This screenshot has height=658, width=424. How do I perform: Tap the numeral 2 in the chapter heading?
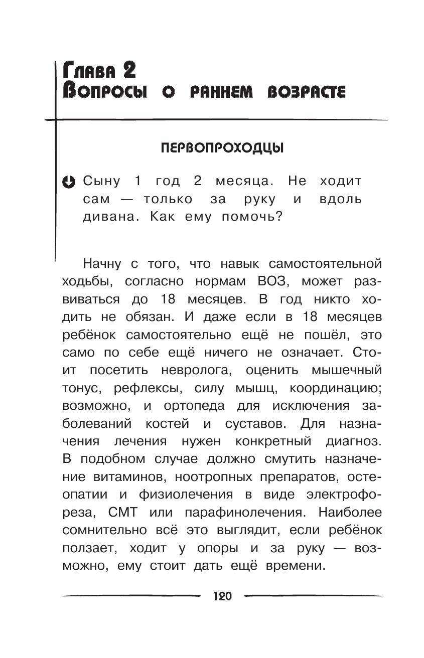click(x=128, y=70)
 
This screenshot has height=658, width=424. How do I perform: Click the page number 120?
click(x=222, y=596)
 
